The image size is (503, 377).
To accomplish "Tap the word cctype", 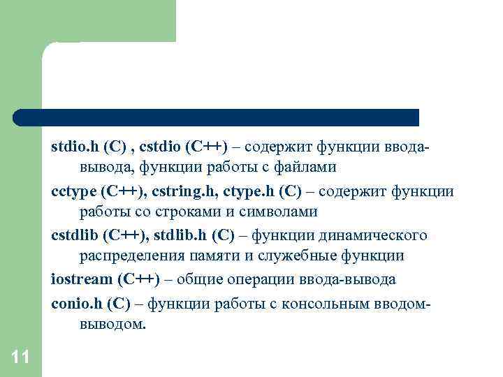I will (73, 191).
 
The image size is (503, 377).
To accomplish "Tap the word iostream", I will (82, 279).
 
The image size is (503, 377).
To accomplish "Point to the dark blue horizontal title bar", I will (217, 117).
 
